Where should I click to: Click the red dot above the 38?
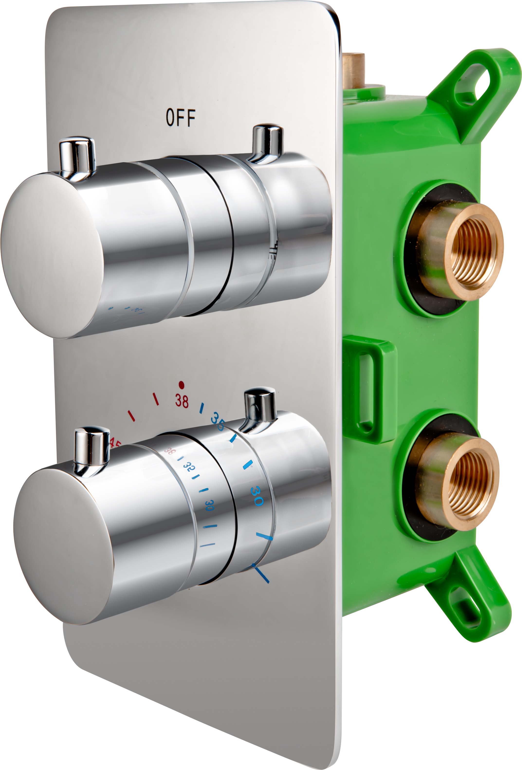pyautogui.click(x=181, y=385)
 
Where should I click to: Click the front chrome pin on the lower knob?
pyautogui.click(x=91, y=448)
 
